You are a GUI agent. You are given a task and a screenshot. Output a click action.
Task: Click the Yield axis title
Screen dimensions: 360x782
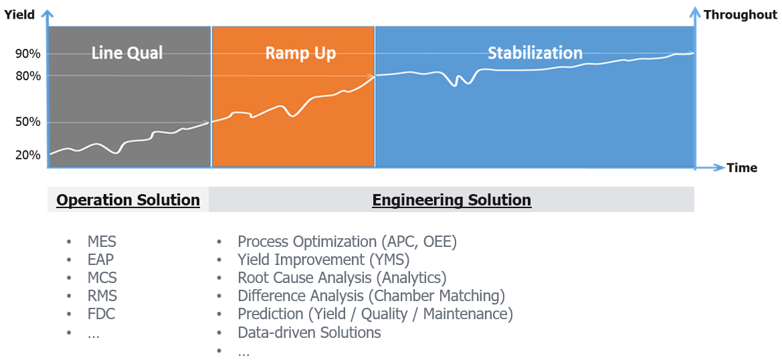point(19,15)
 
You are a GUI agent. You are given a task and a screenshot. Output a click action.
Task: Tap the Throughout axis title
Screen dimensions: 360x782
point(740,15)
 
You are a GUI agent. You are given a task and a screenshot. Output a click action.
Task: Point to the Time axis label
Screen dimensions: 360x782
point(742,168)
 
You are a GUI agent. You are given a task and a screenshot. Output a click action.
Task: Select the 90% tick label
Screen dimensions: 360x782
point(28,54)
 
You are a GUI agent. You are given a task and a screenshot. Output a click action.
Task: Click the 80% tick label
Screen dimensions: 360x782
point(28,76)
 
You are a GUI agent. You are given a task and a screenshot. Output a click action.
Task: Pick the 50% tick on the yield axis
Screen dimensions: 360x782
point(28,122)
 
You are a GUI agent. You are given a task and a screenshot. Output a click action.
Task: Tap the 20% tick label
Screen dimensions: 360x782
point(28,155)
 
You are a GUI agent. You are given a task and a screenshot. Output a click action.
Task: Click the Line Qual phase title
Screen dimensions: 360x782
point(127,53)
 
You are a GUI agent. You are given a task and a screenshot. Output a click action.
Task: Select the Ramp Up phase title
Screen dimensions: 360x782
point(300,53)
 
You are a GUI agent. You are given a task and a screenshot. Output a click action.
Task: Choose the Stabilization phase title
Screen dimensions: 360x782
point(534,53)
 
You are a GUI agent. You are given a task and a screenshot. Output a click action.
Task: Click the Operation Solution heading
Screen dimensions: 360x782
point(128,200)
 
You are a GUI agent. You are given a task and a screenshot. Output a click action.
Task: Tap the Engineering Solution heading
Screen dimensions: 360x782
point(452,200)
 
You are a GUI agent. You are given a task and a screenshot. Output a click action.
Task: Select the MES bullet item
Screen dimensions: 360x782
point(102,242)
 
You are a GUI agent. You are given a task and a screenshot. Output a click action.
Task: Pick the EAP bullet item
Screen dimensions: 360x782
point(101,260)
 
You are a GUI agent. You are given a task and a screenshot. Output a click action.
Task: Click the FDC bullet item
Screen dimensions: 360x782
point(102,314)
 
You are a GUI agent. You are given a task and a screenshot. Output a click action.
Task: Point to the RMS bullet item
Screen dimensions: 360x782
point(102,296)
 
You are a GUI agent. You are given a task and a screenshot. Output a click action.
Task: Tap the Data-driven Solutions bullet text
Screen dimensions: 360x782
point(309,332)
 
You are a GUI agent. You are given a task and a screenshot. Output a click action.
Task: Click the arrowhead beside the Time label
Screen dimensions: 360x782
point(720,167)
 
